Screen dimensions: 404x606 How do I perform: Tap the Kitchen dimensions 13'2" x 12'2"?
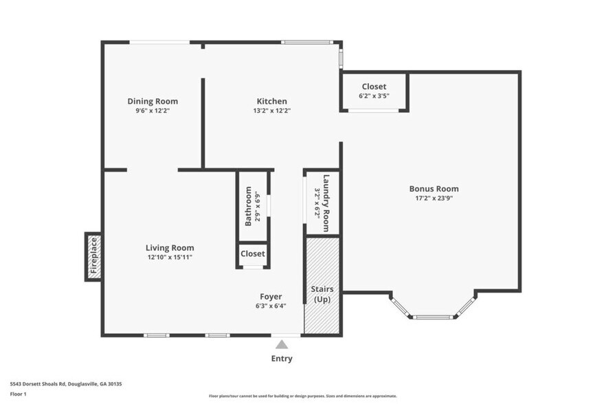pos(272,110)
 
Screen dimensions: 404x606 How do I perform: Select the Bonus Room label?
pos(434,189)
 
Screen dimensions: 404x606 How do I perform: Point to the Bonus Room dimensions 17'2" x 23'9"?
pos(434,198)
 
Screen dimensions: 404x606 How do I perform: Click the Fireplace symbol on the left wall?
pos(94,257)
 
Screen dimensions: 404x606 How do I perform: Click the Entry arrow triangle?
pos(282,344)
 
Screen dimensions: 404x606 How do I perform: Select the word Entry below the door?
pos(282,359)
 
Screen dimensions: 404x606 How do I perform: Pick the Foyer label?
pos(271,297)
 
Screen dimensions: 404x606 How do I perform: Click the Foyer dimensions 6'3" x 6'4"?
pos(271,306)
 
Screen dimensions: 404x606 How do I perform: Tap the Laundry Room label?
pos(327,203)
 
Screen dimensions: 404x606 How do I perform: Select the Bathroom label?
pos(248,206)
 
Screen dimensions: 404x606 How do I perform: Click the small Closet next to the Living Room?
pos(253,254)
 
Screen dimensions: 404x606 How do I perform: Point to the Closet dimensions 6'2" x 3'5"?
pos(374,96)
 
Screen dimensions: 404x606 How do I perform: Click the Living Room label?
pos(170,248)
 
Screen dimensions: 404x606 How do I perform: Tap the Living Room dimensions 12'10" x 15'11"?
pos(170,257)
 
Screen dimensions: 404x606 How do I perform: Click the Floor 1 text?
pos(19,394)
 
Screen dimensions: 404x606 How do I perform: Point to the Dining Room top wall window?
pos(160,43)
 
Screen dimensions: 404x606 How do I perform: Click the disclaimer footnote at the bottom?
pos(303,396)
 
